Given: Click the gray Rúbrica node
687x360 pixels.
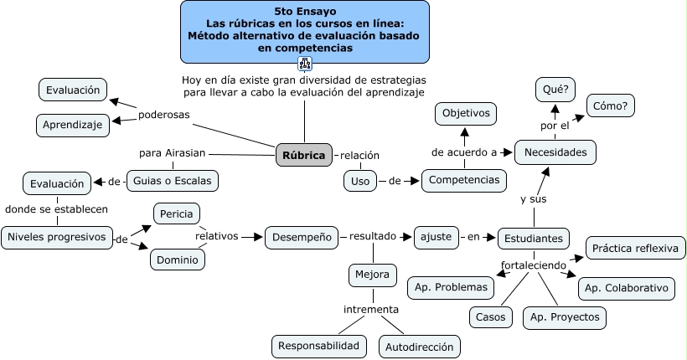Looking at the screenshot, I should click(x=303, y=155).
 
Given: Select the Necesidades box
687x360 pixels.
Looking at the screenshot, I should click(x=555, y=152).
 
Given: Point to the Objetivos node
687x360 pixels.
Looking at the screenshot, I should click(x=466, y=113).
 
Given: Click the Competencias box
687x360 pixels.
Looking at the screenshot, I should click(x=464, y=180).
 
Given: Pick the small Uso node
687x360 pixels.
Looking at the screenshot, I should click(x=360, y=180).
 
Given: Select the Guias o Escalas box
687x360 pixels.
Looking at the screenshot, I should click(x=173, y=180).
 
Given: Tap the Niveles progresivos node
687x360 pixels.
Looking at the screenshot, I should click(x=57, y=237).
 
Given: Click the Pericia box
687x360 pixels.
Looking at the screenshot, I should click(x=175, y=213).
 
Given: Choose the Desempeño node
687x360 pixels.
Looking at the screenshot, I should click(x=302, y=237).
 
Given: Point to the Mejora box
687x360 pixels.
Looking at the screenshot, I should click(x=372, y=275).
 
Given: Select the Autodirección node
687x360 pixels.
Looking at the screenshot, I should click(x=420, y=346).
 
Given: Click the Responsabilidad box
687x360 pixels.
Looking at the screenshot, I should click(x=319, y=345).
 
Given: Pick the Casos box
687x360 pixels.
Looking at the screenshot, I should click(x=490, y=317).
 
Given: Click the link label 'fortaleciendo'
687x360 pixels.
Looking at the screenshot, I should click(x=534, y=266).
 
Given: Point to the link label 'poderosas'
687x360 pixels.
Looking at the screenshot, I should click(x=163, y=114).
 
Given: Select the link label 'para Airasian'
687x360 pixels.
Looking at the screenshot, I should click(x=173, y=153).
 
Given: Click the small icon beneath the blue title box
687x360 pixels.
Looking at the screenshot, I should click(x=304, y=63).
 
